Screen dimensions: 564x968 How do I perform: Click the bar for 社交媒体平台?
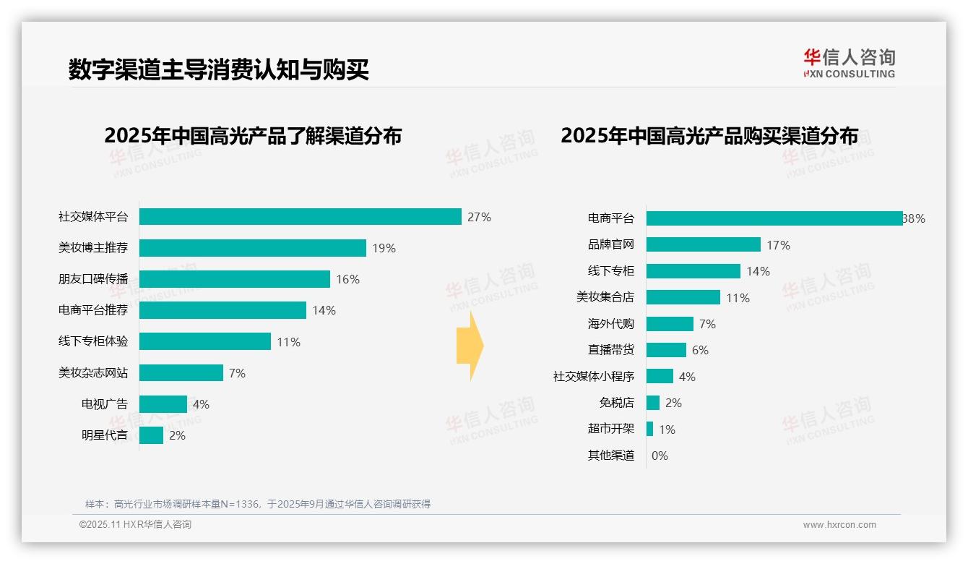300,217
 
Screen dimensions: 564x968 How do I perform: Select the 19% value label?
384,248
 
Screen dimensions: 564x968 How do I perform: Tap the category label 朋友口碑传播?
93,279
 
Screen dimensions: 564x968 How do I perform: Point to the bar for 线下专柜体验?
204,341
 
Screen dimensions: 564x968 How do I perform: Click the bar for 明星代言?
151,435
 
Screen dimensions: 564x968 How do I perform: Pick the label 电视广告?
105,404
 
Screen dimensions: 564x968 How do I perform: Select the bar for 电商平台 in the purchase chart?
774,218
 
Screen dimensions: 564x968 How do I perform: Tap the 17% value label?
778,245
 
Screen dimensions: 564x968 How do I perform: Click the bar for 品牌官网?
703,244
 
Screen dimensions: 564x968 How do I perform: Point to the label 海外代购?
611,324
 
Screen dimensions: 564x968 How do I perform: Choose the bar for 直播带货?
666,350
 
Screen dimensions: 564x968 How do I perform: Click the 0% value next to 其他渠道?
660,456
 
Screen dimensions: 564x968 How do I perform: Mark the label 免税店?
617,403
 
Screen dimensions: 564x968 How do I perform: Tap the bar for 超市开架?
649,429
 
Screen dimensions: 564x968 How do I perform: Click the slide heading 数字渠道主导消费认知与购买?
219,69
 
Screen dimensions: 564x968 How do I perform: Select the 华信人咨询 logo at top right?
849,63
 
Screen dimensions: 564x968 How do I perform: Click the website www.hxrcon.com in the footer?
839,525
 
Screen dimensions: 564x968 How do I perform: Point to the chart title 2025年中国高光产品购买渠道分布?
709,136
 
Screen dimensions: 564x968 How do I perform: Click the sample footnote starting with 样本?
258,504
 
